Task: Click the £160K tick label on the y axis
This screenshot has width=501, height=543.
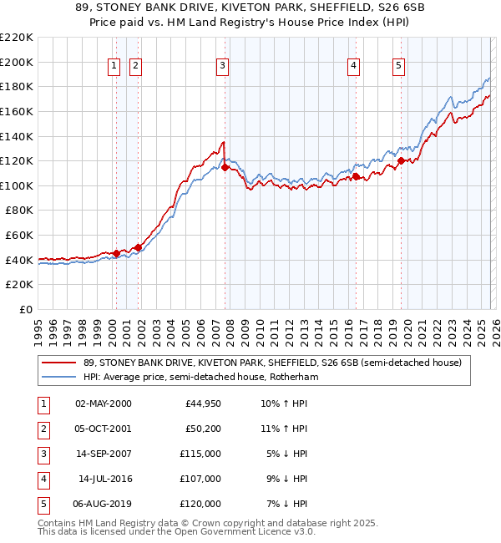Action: [x=17, y=111]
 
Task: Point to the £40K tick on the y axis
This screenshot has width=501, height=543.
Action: [x=19, y=260]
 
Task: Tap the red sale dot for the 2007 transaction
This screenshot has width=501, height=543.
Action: [x=225, y=168]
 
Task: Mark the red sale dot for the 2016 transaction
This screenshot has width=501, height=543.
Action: [x=356, y=177]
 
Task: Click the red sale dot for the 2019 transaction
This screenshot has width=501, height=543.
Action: [x=401, y=160]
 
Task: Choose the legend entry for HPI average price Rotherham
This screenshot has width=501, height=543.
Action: [x=200, y=377]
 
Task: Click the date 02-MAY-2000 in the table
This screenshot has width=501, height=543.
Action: [x=103, y=404]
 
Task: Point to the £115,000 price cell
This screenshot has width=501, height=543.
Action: [x=201, y=454]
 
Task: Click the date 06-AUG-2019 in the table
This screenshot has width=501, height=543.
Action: [x=103, y=505]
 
